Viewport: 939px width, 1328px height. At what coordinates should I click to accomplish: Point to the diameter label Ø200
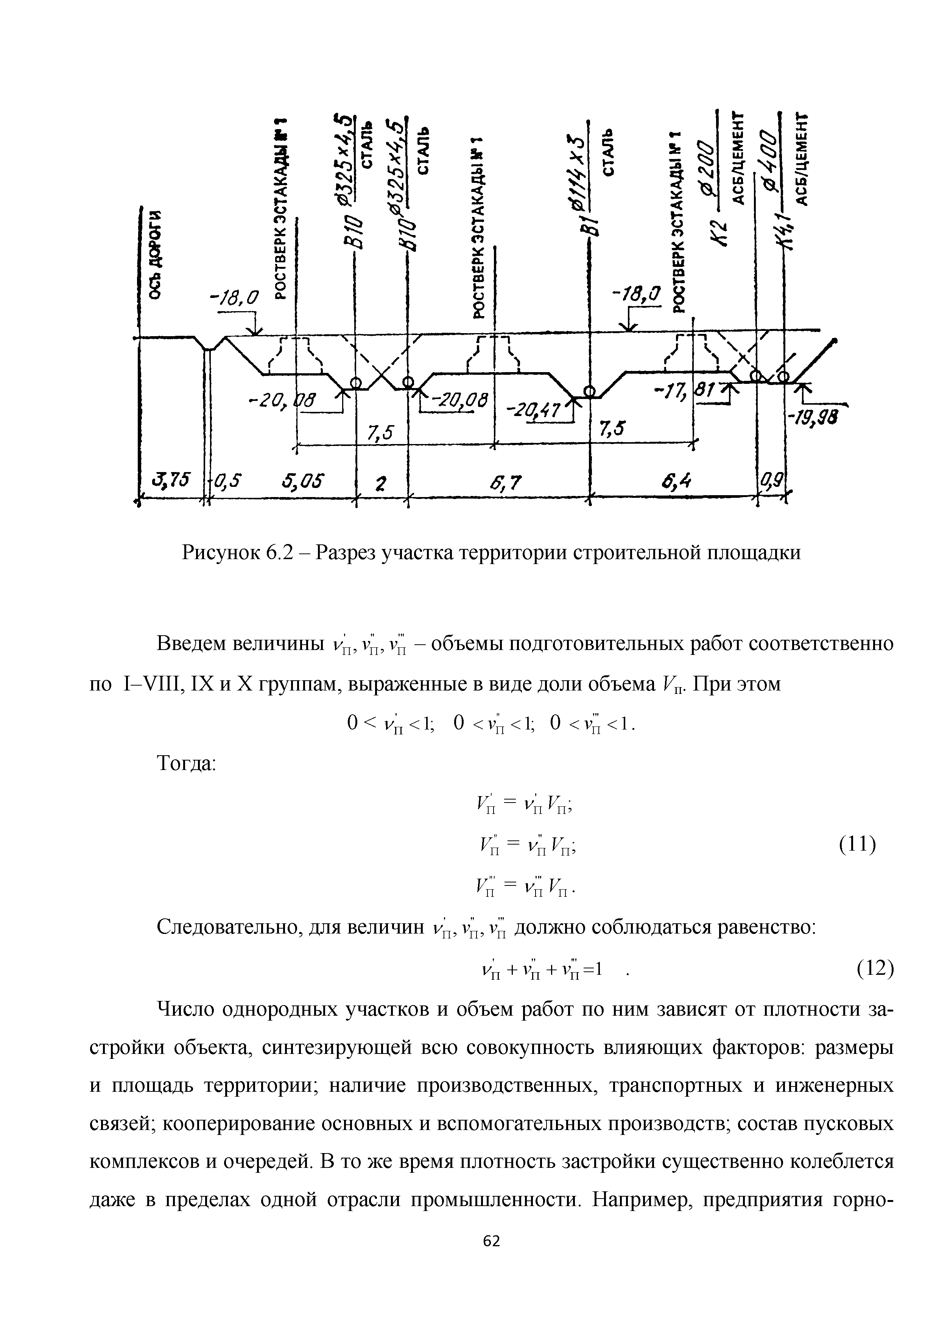click(707, 173)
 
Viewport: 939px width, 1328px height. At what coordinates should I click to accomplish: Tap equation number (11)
click(858, 845)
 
